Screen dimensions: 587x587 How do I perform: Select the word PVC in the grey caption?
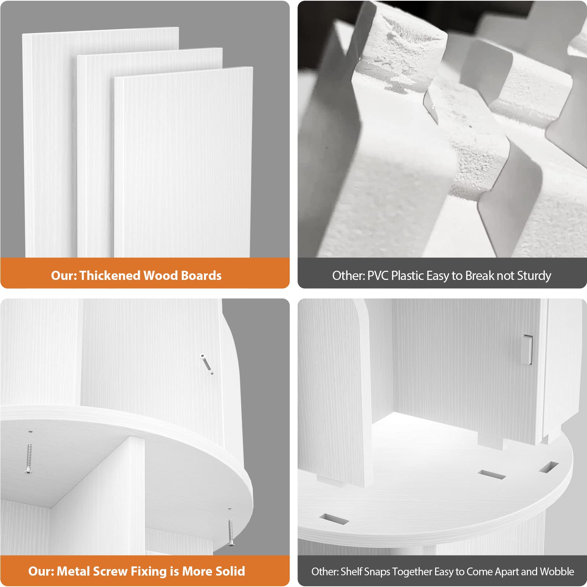378,276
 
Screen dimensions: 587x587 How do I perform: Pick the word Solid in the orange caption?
230,571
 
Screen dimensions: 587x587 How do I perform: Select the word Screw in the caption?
110,571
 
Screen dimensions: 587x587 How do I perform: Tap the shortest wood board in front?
183,161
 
